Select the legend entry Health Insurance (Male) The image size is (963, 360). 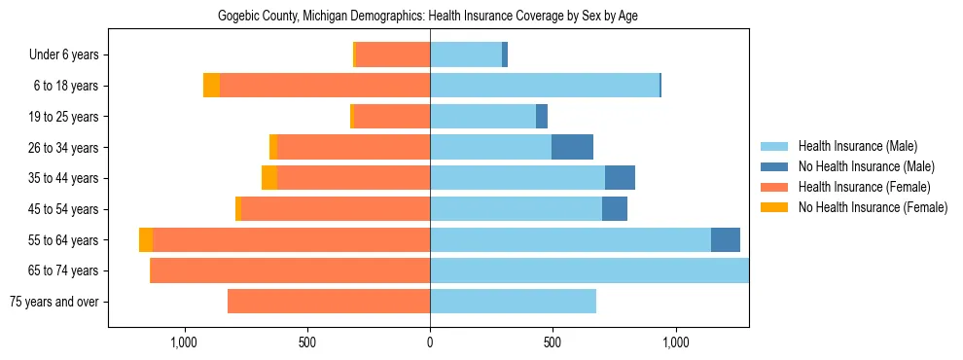(856, 146)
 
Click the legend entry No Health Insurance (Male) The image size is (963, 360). (865, 166)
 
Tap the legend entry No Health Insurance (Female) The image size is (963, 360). (872, 207)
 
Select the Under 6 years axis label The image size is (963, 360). (63, 55)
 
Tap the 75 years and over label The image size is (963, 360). (53, 302)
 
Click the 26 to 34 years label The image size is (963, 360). (65, 148)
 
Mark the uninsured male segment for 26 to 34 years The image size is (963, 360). (572, 147)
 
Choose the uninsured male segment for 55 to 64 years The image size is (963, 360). (726, 239)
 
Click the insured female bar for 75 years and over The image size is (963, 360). (329, 302)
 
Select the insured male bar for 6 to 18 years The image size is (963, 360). (545, 86)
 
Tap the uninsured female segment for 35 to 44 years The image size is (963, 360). (269, 178)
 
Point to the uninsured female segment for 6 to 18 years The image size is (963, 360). (211, 86)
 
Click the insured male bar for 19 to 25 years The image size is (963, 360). (482, 117)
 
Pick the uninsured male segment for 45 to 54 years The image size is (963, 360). (615, 209)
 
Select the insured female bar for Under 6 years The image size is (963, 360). (393, 55)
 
